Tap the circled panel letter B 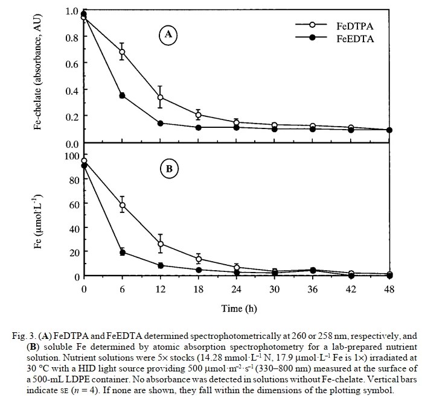pyautogui.click(x=168, y=169)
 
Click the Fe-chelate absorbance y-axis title pyautogui.click(x=39, y=75)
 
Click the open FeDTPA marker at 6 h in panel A pyautogui.click(x=122, y=52)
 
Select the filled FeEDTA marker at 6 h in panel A pyautogui.click(x=122, y=95)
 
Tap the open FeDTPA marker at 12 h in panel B pyautogui.click(x=160, y=244)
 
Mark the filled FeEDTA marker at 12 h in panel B pyautogui.click(x=160, y=265)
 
